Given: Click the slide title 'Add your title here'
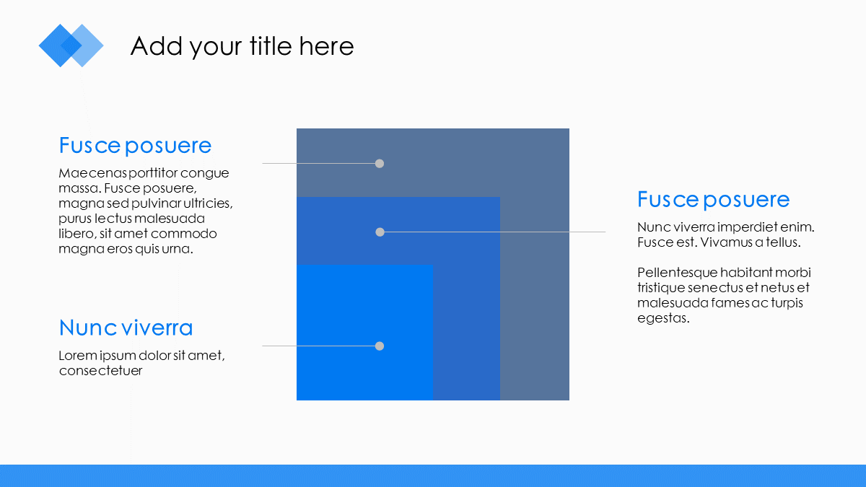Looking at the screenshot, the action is coord(242,46).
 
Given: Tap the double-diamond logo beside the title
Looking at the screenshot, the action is coord(71,45).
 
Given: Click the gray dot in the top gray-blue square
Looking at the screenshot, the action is coord(380,164).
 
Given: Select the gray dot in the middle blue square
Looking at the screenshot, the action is coord(380,232).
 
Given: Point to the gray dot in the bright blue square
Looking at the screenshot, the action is coord(380,346).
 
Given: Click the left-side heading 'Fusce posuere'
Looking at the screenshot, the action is coord(135,146).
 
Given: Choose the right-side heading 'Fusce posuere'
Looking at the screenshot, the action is coord(713,200).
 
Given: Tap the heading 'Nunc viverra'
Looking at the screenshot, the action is coord(126,328).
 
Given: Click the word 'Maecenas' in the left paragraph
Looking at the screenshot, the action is coord(93,172).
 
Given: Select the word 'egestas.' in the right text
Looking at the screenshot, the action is coord(663,318).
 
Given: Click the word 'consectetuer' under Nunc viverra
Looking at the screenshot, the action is coord(100,371).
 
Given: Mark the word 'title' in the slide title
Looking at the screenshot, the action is coord(271,46).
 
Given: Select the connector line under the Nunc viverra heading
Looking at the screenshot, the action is coord(318,346).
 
